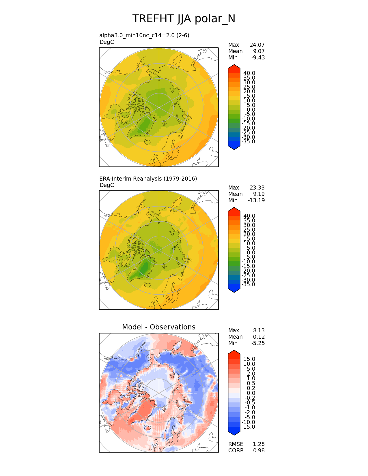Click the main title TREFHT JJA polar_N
click(184, 19)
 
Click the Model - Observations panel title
click(158, 327)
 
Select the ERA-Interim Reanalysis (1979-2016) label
click(148, 179)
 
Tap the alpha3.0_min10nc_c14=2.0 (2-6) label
click(144, 35)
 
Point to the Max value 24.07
click(257, 45)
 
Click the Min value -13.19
click(256, 200)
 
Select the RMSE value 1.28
click(259, 444)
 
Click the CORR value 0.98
click(259, 450)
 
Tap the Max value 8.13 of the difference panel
click(259, 330)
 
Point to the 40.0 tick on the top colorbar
click(249, 73)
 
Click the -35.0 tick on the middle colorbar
click(248, 284)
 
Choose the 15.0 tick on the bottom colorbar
click(249, 359)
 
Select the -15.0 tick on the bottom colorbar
click(248, 427)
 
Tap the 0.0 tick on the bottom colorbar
click(251, 393)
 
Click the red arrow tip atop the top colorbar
click(234, 67)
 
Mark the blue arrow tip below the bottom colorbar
click(234, 433)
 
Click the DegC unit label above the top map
click(107, 42)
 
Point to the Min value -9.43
click(258, 57)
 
